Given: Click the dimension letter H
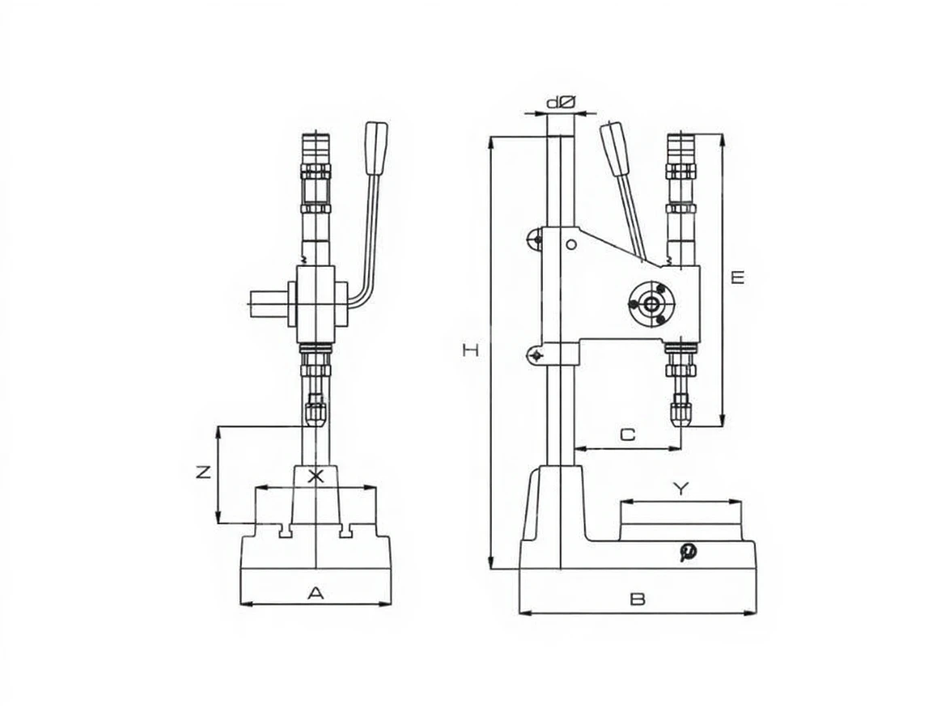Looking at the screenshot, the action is pyautogui.click(x=471, y=350).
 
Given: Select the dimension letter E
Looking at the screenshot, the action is pyautogui.click(x=738, y=278).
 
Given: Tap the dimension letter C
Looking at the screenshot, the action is pyautogui.click(x=627, y=434).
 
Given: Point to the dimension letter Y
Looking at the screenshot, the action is pyautogui.click(x=680, y=489).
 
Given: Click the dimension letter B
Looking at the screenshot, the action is pyautogui.click(x=638, y=600).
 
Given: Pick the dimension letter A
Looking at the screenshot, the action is pyautogui.click(x=316, y=593).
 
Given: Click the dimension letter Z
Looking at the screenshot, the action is pyautogui.click(x=204, y=472).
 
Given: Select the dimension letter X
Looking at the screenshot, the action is pyautogui.click(x=316, y=477).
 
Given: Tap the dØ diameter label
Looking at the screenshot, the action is pyautogui.click(x=561, y=103).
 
